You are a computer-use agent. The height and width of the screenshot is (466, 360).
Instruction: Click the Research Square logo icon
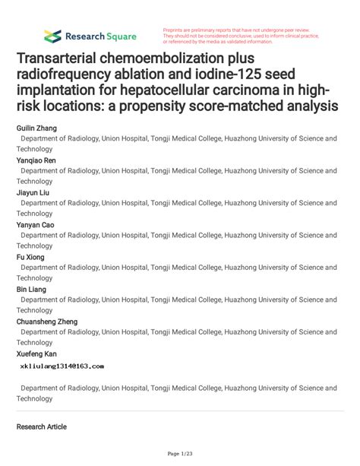click(52, 36)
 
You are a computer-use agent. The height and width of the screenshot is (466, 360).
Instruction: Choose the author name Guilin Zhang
click(36, 129)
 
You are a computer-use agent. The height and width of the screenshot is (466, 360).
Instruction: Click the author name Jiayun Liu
click(33, 193)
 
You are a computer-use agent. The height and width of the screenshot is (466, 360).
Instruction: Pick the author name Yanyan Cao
click(36, 225)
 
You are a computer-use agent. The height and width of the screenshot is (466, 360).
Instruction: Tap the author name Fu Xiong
click(30, 257)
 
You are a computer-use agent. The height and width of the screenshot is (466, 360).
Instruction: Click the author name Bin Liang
click(31, 290)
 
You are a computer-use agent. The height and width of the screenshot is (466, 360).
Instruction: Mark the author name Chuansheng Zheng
click(46, 322)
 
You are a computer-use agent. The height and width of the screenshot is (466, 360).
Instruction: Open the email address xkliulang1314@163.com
click(62, 366)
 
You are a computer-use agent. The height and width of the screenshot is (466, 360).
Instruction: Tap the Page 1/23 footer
click(180, 455)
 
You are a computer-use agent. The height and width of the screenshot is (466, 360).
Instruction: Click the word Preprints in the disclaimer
click(174, 30)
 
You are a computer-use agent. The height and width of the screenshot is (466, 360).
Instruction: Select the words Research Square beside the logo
click(100, 36)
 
